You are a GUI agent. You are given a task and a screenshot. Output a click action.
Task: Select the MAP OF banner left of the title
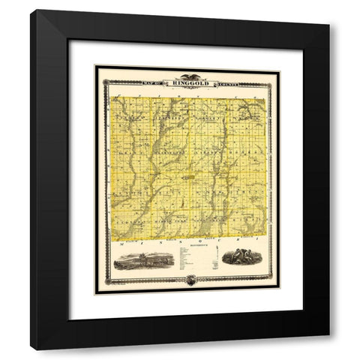click(156, 84)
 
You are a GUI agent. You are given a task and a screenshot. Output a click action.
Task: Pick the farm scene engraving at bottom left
click(143, 261)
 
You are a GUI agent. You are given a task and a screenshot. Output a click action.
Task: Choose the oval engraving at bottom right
click(239, 256)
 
